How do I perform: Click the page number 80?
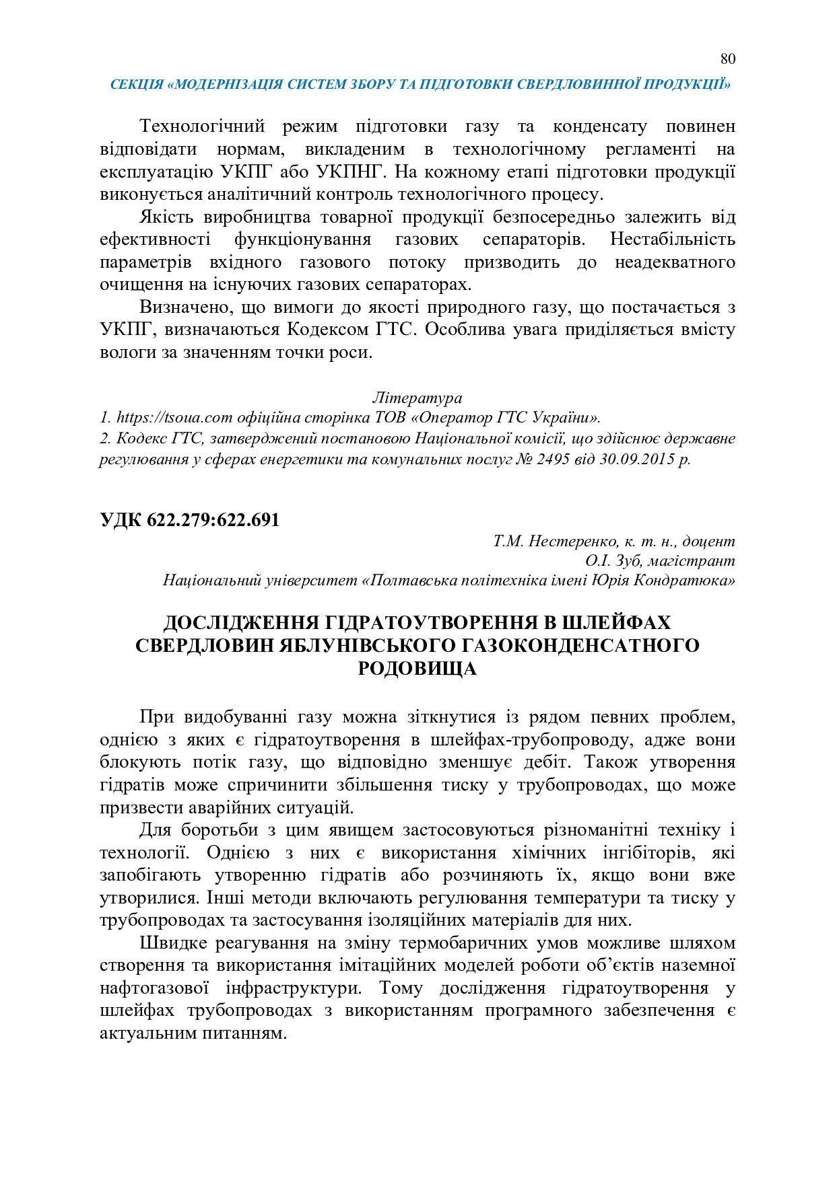point(727,59)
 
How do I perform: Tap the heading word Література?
point(417,398)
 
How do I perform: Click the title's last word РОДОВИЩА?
point(417,668)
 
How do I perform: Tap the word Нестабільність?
point(672,239)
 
